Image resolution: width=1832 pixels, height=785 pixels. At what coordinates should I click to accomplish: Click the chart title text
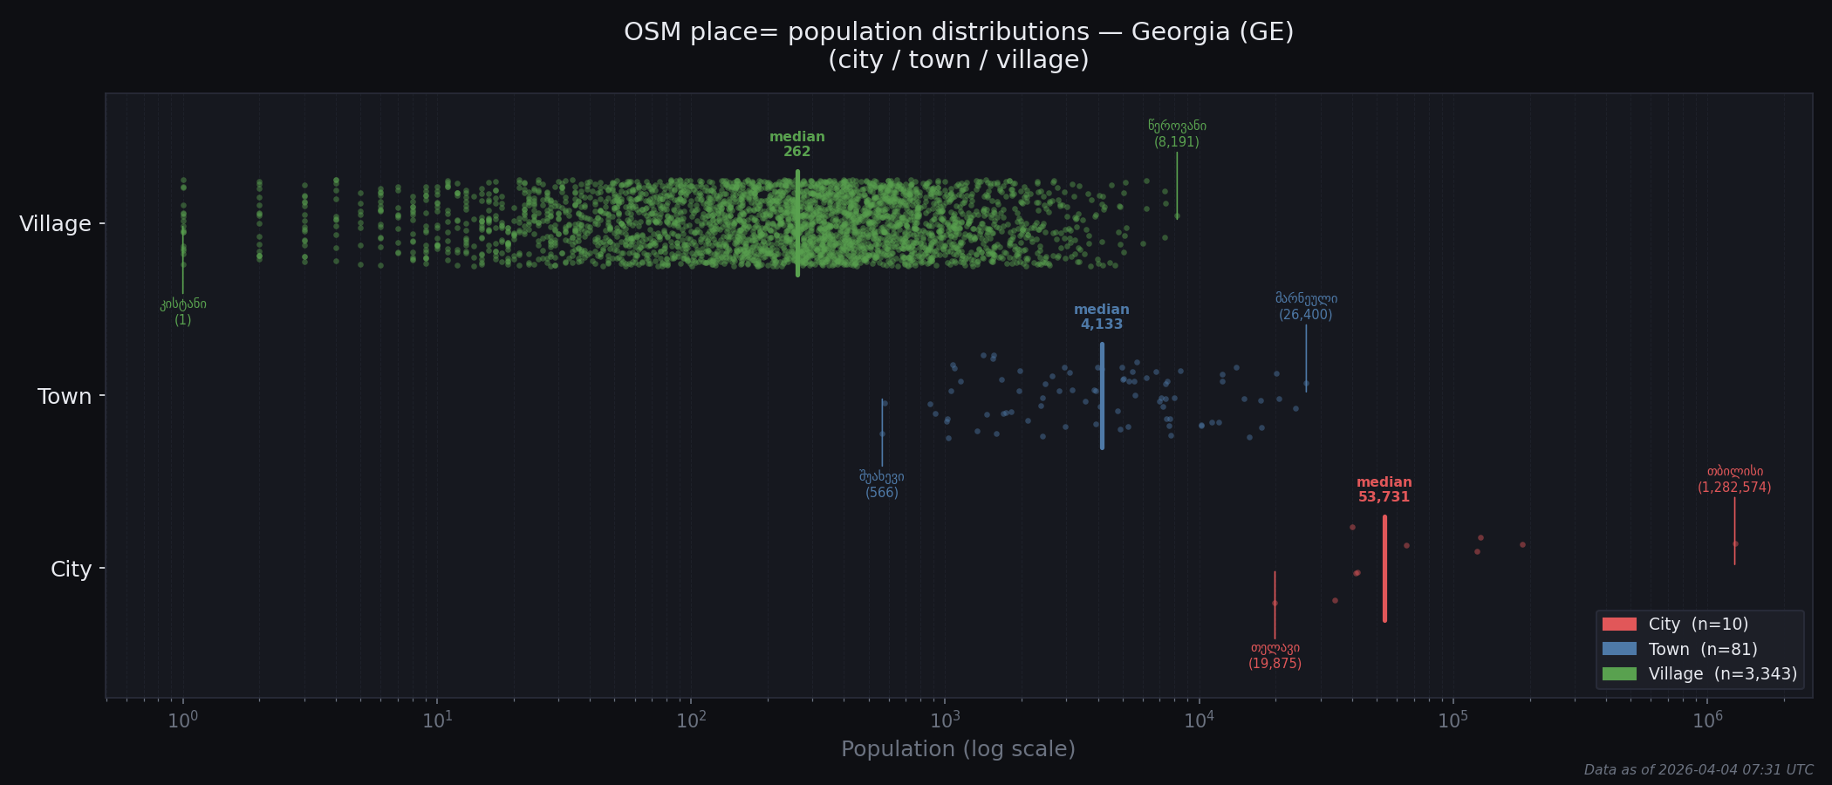(958, 45)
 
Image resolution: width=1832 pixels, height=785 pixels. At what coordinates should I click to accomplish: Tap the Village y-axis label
(55, 224)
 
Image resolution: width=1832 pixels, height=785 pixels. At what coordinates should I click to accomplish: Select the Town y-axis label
(65, 397)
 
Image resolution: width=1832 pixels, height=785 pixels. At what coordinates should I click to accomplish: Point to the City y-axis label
(71, 570)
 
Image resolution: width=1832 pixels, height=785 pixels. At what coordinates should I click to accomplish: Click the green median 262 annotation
(796, 144)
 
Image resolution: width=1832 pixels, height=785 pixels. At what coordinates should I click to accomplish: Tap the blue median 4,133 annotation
(1101, 317)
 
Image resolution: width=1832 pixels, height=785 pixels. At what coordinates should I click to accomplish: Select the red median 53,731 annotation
(1384, 489)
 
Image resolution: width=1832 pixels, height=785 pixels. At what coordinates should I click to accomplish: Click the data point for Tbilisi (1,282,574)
(1735, 543)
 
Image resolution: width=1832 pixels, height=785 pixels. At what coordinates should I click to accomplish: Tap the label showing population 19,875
(1275, 656)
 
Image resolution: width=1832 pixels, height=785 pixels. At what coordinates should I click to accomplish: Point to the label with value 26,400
(1305, 306)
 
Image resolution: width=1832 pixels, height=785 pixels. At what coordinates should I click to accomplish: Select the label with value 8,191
(1177, 133)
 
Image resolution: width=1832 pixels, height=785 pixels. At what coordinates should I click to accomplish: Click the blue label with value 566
(881, 484)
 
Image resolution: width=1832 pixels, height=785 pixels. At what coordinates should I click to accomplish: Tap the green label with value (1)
(182, 311)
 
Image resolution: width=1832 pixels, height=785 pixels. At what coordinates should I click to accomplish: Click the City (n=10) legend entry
(1675, 625)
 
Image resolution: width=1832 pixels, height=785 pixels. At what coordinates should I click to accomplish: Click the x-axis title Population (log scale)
(958, 749)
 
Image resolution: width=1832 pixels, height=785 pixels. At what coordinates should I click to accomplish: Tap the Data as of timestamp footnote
(1698, 770)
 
